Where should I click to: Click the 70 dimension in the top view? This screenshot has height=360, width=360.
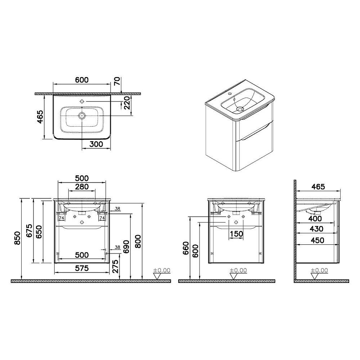coord(117,81)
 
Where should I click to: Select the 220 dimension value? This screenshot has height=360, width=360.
coord(127,103)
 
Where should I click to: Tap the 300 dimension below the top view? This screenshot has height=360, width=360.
coord(96,144)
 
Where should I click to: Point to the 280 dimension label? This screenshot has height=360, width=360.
coord(82,186)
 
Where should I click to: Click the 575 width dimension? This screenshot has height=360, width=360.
coord(82,268)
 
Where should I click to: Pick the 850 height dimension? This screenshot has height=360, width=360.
coord(17,238)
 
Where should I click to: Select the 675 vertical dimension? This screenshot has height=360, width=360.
coord(30,231)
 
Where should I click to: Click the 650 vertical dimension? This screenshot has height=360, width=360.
coord(39,232)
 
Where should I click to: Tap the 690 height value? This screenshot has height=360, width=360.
coord(126,247)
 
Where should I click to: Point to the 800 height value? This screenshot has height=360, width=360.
coord(138,241)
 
